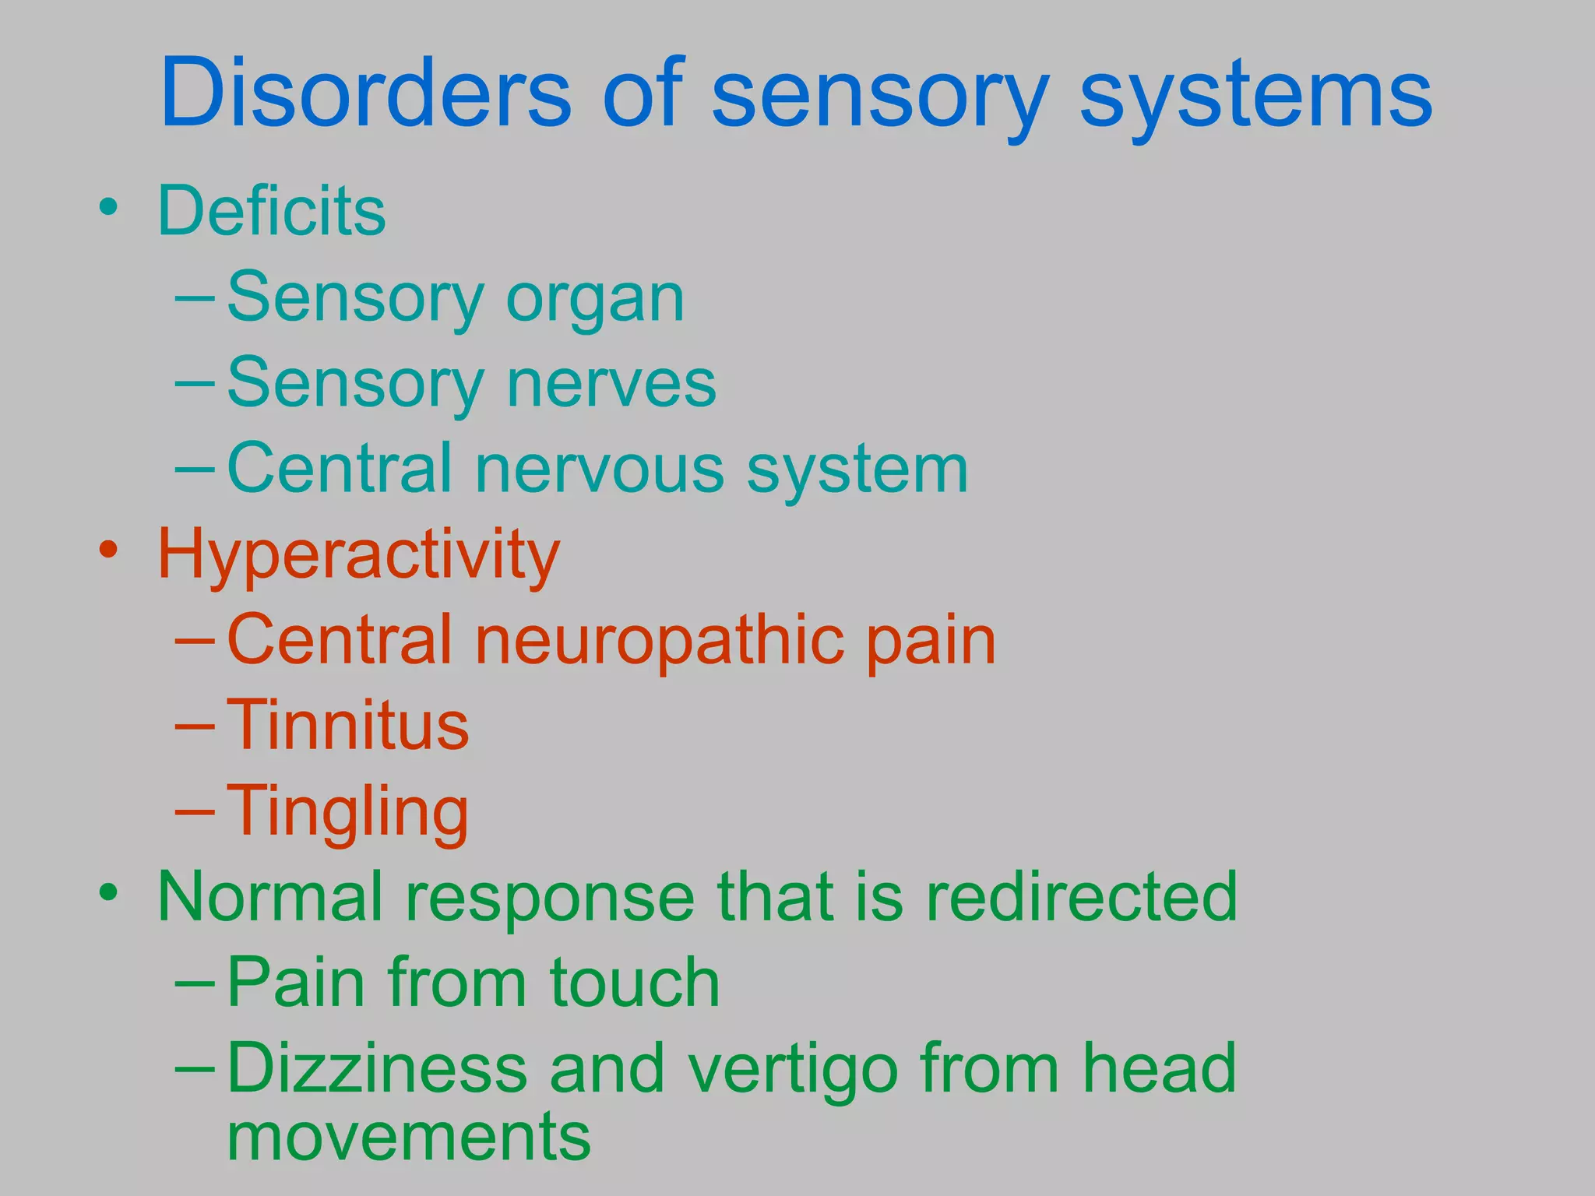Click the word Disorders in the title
366,93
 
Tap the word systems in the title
1255,97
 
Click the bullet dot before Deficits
109,207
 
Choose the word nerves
611,383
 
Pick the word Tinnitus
348,726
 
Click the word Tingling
348,814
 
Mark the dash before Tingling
195,811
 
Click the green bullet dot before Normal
109,892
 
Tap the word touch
635,983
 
